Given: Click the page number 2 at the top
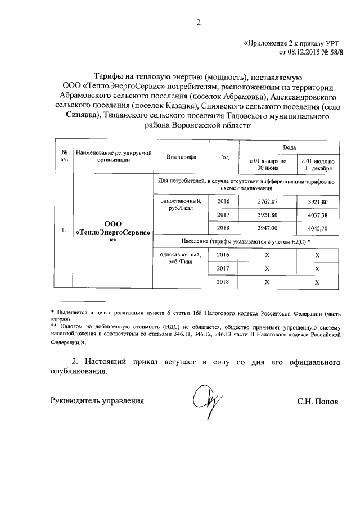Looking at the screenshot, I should tap(198, 22).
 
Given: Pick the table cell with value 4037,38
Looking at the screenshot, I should tap(317, 214).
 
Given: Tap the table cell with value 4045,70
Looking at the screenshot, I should tap(317, 228).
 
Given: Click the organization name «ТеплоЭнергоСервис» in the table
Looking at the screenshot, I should tap(113, 232).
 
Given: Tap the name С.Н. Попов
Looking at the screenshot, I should tap(318, 402).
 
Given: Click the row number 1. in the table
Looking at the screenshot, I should tap(64, 229).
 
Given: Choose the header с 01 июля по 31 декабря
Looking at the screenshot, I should tap(317, 164).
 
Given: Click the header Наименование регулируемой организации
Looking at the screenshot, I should tap(113, 156).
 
